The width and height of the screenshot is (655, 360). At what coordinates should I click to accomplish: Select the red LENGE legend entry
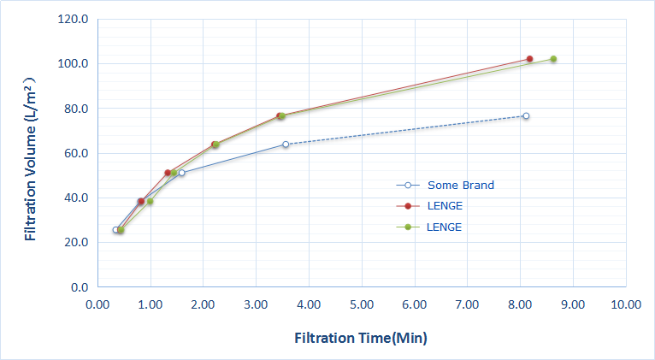click(x=444, y=206)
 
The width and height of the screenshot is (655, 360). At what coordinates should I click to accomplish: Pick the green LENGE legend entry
click(x=444, y=227)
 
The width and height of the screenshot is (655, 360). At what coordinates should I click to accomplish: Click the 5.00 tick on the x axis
click(x=363, y=304)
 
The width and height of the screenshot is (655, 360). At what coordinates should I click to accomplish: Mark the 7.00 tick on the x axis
click(x=468, y=304)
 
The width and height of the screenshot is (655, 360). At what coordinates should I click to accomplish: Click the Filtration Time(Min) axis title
click(x=360, y=338)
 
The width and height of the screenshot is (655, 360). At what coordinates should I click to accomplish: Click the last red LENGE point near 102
click(x=529, y=59)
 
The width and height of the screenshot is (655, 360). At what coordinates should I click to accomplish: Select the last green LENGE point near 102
click(x=553, y=59)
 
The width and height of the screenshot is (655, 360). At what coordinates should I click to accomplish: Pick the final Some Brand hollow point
click(x=526, y=115)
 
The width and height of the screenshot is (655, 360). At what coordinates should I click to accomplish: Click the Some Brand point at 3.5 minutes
click(x=286, y=145)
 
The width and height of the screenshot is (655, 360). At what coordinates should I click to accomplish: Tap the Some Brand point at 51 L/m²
click(x=181, y=173)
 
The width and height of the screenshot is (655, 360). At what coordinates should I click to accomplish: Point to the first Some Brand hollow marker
click(x=115, y=229)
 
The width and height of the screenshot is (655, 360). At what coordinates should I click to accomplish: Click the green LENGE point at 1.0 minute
click(x=150, y=202)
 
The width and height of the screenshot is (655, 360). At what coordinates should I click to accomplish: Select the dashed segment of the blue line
click(x=402, y=131)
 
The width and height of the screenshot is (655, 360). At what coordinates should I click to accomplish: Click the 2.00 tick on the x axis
click(x=204, y=304)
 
